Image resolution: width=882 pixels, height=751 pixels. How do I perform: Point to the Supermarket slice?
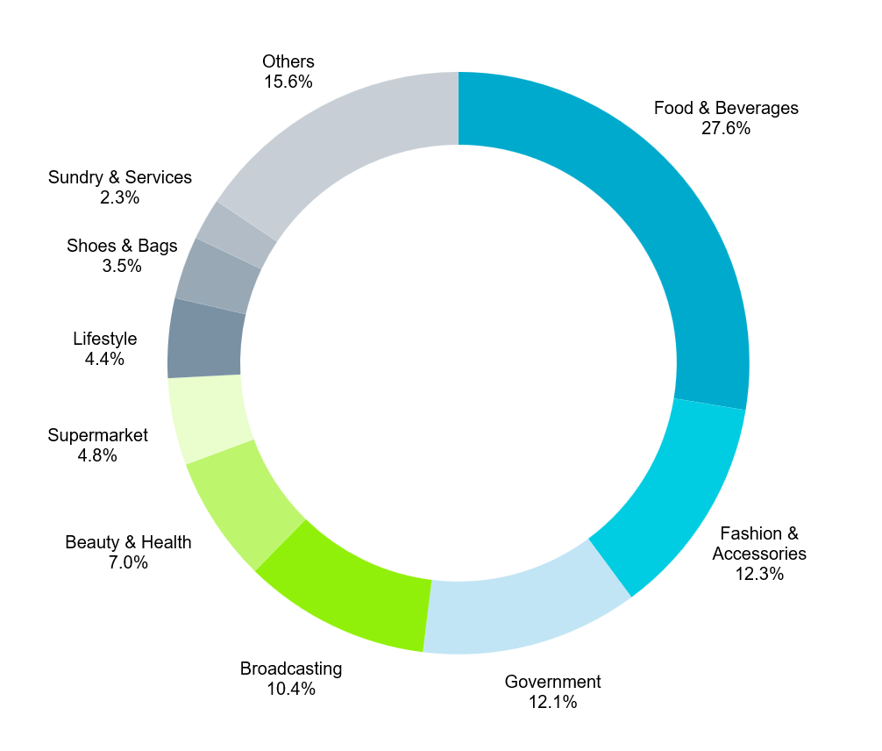210,417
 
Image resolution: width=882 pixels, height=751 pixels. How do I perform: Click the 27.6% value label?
725,128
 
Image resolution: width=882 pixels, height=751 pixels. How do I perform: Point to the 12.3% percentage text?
759,575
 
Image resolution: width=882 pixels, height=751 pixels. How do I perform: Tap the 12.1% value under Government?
552,702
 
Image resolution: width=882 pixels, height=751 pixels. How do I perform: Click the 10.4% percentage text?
291,689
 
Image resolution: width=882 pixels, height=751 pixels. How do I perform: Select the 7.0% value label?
128,563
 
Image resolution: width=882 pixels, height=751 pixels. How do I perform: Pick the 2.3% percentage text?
120,198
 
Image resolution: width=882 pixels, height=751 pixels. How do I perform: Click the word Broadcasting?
291,669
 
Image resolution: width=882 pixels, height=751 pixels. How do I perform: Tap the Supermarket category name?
98,435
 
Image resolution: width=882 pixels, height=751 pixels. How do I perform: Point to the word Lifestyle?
105,339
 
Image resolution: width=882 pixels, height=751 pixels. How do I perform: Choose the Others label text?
288,61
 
